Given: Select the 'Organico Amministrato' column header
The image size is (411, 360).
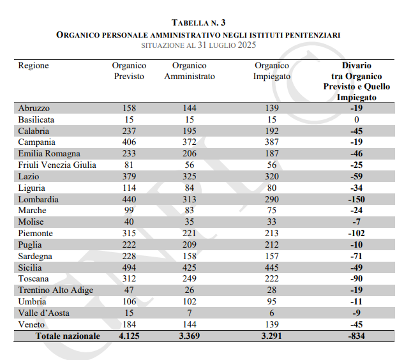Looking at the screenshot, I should pos(189,71).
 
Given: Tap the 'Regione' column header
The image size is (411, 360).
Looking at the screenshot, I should pos(33,66).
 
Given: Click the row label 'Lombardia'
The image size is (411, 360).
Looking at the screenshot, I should pos(39,199).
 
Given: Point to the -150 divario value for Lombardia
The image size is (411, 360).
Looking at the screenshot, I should pos(356,199).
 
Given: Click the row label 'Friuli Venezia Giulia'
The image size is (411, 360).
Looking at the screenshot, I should pos(57,165).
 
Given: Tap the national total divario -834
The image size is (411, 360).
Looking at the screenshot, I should pos(356,336).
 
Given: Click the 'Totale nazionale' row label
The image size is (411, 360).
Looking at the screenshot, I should pos(68,336).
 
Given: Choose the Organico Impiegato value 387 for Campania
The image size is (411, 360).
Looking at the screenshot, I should pos(271,142).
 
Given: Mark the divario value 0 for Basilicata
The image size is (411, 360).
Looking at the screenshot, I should pos(356,119).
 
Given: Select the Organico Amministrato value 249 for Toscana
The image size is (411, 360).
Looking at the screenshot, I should pos(189,279).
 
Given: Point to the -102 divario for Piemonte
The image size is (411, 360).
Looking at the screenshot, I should pos(356,234).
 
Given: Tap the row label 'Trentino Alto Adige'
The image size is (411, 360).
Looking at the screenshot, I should pos(56,290).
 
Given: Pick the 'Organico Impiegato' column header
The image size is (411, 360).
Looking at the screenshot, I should pos(271,71).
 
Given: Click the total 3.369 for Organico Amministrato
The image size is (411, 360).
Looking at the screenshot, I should pos(189,336).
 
